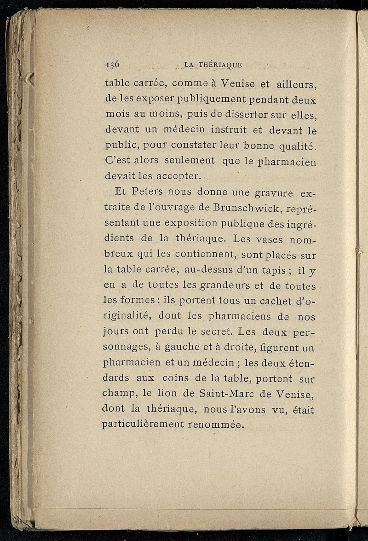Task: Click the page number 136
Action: [x=112, y=64]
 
